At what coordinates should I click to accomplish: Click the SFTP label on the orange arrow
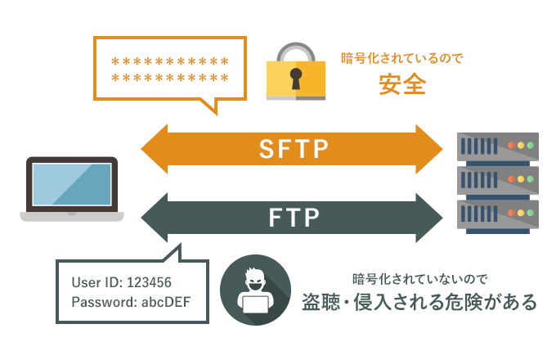tap(293, 150)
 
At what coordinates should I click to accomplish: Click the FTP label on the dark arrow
tap(294, 218)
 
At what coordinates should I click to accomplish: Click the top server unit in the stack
tap(499, 146)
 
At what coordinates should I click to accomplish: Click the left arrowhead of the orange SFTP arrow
tap(154, 150)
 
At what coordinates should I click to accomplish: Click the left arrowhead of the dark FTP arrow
tap(154, 218)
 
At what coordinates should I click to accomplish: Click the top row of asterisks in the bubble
tap(169, 61)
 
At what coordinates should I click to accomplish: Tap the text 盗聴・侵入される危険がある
tap(419, 301)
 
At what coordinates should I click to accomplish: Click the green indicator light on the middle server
tap(531, 180)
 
